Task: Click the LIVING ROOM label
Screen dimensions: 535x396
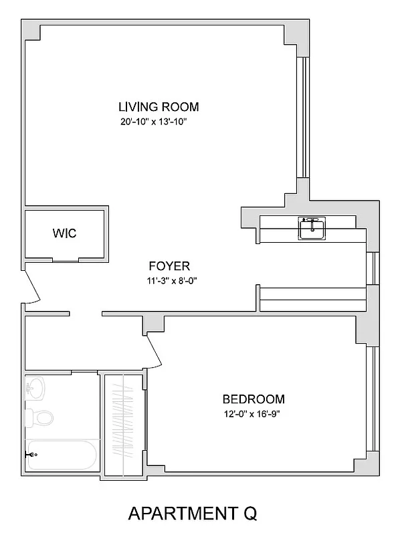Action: (159, 106)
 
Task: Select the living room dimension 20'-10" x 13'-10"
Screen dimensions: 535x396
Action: (157, 122)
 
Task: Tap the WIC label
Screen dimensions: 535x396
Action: (64, 233)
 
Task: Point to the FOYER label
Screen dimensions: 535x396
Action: (169, 265)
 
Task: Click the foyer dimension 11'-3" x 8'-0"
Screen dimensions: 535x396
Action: (169, 280)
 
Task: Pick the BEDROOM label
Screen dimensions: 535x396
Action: (254, 399)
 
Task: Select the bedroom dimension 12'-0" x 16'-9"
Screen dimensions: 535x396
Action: (254, 414)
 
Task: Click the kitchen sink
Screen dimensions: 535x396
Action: (311, 229)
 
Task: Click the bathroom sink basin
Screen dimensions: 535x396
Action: (35, 388)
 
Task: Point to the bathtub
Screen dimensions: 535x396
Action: (62, 455)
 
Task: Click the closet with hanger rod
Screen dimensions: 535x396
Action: (123, 425)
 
